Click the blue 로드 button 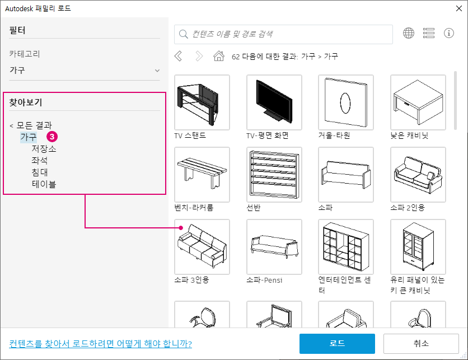click(337, 344)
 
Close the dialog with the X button click(459, 8)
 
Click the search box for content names click(283, 34)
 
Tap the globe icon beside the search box click(409, 33)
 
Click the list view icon click(429, 33)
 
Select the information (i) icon click(449, 33)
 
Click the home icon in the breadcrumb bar click(219, 56)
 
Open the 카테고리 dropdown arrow click(157, 71)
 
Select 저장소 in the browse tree click(44, 149)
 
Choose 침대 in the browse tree click(40, 172)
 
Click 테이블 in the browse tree click(44, 184)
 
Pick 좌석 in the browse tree click(40, 161)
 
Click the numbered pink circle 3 click(52, 137)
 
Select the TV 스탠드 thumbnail click(202, 102)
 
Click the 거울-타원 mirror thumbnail click(346, 102)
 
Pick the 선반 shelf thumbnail click(274, 175)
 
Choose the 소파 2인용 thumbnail click(418, 175)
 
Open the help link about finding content click(100, 344)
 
